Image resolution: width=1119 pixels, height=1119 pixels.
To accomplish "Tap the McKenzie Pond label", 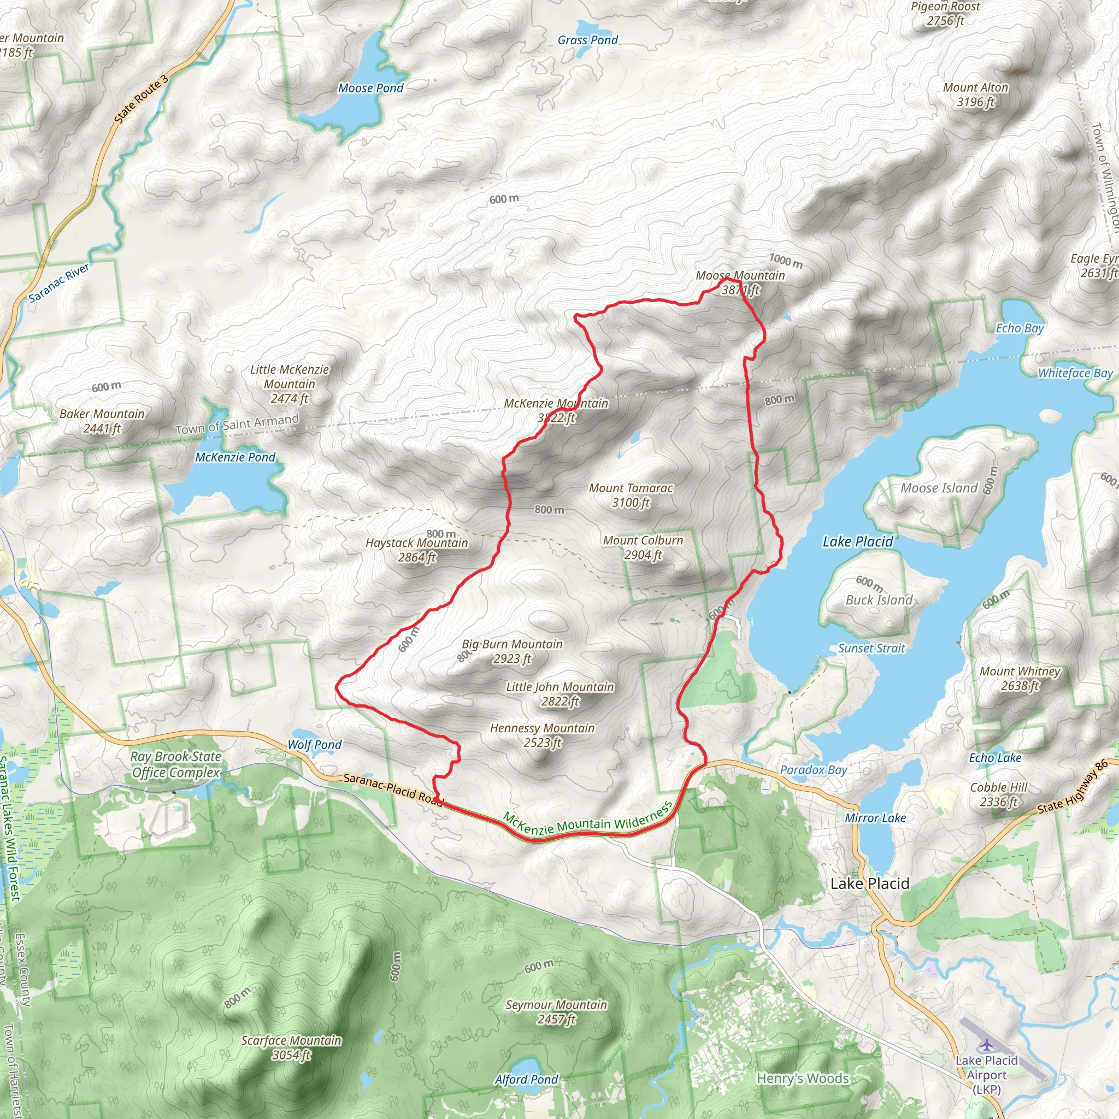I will pyautogui.click(x=235, y=457).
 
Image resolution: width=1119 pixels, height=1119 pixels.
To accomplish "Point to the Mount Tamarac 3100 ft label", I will pyautogui.click(x=631, y=495).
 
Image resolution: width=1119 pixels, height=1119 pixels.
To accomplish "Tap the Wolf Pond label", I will pyautogui.click(x=315, y=745).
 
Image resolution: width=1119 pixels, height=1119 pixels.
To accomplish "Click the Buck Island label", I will pyautogui.click(x=879, y=600).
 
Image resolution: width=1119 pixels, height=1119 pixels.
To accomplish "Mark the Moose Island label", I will pyautogui.click(x=939, y=488).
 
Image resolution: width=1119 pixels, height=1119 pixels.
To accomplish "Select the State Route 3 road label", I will pyautogui.click(x=141, y=99).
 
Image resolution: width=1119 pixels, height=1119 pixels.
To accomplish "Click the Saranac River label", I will pyautogui.click(x=59, y=282).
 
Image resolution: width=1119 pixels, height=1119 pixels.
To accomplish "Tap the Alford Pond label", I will pyautogui.click(x=526, y=1080).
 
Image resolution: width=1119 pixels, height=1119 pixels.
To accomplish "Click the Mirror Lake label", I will pyautogui.click(x=875, y=818).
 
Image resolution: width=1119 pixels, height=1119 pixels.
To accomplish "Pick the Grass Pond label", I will pyautogui.click(x=587, y=40).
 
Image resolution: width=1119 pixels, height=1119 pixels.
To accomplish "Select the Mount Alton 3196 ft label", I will pyautogui.click(x=975, y=95).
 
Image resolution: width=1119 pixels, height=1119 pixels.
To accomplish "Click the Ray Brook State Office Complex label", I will pyautogui.click(x=175, y=764).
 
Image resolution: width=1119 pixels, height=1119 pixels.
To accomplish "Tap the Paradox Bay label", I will pyautogui.click(x=813, y=770).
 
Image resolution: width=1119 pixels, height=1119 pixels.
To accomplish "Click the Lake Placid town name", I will pyautogui.click(x=869, y=884).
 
